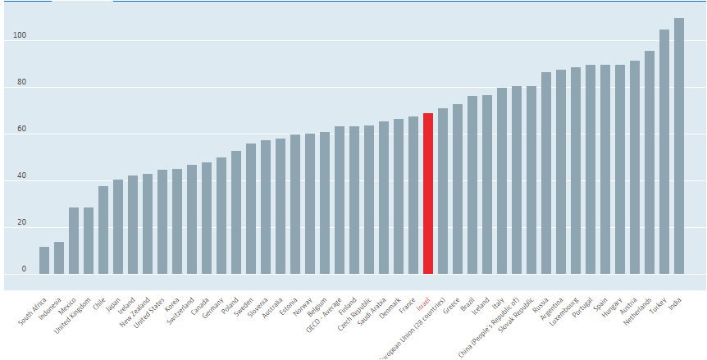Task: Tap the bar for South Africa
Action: coord(44,260)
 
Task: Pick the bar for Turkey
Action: coord(664,152)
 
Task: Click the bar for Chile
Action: coord(103,230)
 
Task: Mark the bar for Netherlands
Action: coord(650,162)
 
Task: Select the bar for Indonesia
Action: coord(59,257)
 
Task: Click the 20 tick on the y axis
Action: coord(21,223)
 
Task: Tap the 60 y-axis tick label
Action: coord(21,130)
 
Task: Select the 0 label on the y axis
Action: coord(24,269)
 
